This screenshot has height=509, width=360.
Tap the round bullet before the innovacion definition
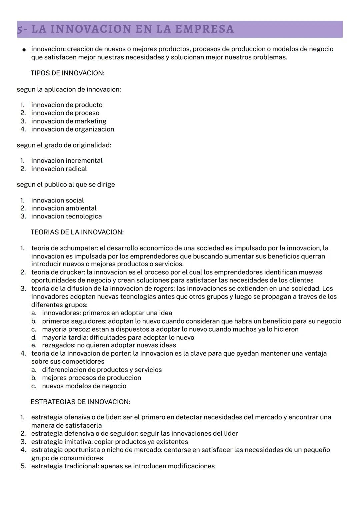24,50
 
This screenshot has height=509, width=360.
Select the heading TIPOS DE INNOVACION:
67,73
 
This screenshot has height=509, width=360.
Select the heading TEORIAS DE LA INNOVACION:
77,232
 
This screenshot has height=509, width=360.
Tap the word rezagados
56,345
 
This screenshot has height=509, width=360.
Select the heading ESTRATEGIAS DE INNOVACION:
80,402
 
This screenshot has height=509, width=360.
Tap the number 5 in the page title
20,29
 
